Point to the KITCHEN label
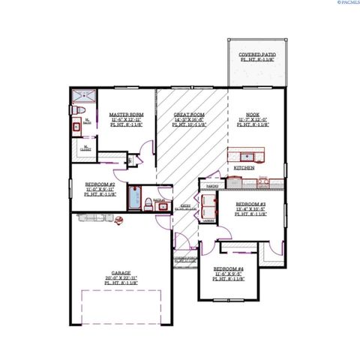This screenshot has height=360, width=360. click(x=244, y=169)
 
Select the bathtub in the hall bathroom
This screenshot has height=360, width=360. click(x=135, y=197)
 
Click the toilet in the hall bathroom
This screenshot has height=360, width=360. click(x=149, y=204)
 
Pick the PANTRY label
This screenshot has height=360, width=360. click(x=211, y=184)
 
